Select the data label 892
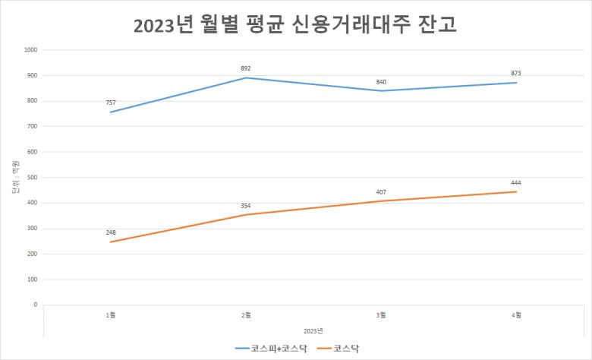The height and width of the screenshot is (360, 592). [246, 68]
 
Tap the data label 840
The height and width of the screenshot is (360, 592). [381, 81]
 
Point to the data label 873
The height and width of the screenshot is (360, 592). [516, 73]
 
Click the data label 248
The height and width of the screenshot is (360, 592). [112, 232]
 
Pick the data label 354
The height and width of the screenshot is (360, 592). [246, 205]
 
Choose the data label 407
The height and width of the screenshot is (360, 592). [381, 191]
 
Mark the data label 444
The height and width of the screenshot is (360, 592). [516, 182]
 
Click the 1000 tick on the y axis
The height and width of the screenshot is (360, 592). [30, 50]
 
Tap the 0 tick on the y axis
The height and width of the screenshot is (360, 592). [35, 305]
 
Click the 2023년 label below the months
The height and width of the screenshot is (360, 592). [313, 330]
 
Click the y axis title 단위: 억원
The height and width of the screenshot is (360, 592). [14, 178]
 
